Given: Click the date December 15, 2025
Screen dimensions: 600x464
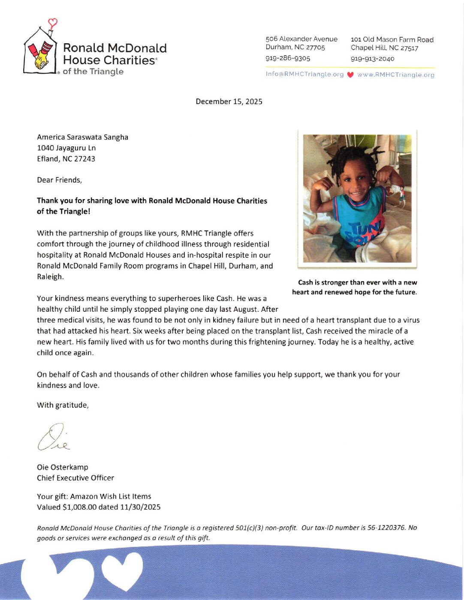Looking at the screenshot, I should click(229, 101).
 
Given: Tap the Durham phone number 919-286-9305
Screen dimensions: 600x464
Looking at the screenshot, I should click(288, 58).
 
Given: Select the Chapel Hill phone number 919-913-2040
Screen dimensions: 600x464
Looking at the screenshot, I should click(372, 59).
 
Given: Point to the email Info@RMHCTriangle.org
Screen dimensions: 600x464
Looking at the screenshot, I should click(304, 74).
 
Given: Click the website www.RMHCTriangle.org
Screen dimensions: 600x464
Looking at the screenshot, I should click(395, 75).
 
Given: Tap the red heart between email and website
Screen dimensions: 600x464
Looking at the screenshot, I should click(350, 75).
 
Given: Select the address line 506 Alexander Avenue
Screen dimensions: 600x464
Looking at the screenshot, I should click(301, 39).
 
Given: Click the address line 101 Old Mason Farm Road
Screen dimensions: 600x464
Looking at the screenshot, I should click(392, 39).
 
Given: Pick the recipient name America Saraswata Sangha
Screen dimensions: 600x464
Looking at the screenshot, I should click(82, 137).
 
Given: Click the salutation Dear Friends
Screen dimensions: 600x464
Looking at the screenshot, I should click(59, 180).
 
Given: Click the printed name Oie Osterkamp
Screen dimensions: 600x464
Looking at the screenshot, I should click(63, 467).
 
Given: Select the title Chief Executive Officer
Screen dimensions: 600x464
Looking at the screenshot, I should click(75, 478).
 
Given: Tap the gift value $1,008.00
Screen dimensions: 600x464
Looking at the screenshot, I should click(79, 507).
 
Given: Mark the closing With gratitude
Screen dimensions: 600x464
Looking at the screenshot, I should click(63, 405).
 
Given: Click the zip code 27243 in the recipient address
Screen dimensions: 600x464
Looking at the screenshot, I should click(84, 159).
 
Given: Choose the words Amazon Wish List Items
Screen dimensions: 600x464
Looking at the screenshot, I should click(111, 496).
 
